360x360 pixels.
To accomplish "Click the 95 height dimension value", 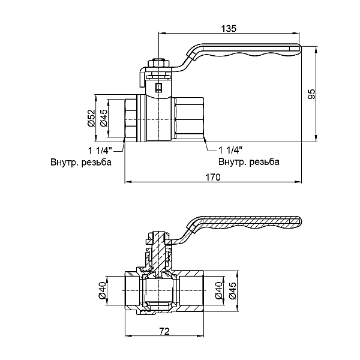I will pos(310,94).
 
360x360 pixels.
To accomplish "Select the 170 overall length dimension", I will pos(213,177).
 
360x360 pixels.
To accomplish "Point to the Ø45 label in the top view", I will pos(103,118).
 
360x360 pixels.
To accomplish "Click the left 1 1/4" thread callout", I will pos(97,149).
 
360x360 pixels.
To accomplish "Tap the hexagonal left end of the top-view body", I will pos(130,119).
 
